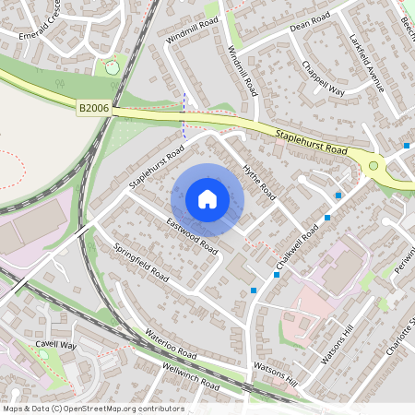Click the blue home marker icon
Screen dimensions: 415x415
[x=207, y=199]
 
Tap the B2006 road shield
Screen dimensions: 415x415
[x=93, y=108]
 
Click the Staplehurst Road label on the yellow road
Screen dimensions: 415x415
[x=310, y=142]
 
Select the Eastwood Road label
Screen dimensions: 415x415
[x=192, y=236]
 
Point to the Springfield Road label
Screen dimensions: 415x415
[x=140, y=262]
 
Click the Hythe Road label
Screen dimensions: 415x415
[x=259, y=181]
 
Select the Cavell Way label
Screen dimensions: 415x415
[x=54, y=345]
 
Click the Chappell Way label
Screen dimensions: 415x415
[x=323, y=77]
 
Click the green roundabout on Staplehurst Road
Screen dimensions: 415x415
[x=374, y=166]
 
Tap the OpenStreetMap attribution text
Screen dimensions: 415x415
[x=93, y=409]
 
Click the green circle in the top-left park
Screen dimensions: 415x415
[x=112, y=66]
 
